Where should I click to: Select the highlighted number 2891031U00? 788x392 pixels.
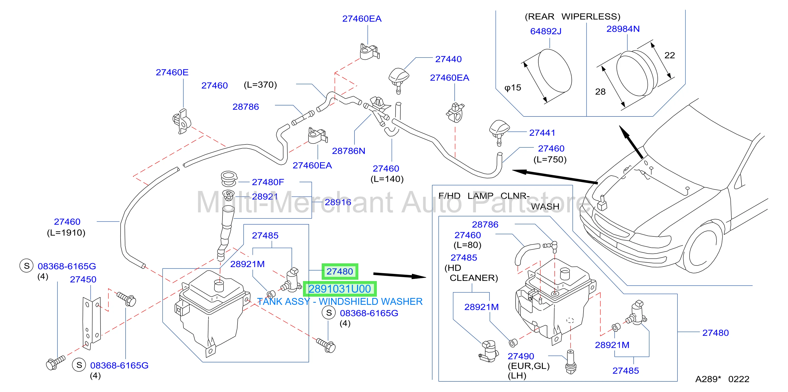pos(340,289)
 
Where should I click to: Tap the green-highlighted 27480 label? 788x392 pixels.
pos(340,271)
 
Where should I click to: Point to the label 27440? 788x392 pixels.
pos(448,59)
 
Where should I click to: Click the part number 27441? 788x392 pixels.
pos(542,133)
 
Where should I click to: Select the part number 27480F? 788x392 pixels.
pos(268,182)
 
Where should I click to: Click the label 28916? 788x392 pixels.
pos(338,202)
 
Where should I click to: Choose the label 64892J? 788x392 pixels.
pos(546,31)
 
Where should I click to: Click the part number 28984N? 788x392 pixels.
pos(623,29)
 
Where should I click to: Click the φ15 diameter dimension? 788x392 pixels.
pos(513,88)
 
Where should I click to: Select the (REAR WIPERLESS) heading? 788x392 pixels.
pos(572,17)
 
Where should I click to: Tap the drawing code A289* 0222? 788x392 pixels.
pos(722,379)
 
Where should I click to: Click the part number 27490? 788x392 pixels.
pos(521,356)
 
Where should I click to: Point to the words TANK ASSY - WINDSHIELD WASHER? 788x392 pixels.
pos(340,302)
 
